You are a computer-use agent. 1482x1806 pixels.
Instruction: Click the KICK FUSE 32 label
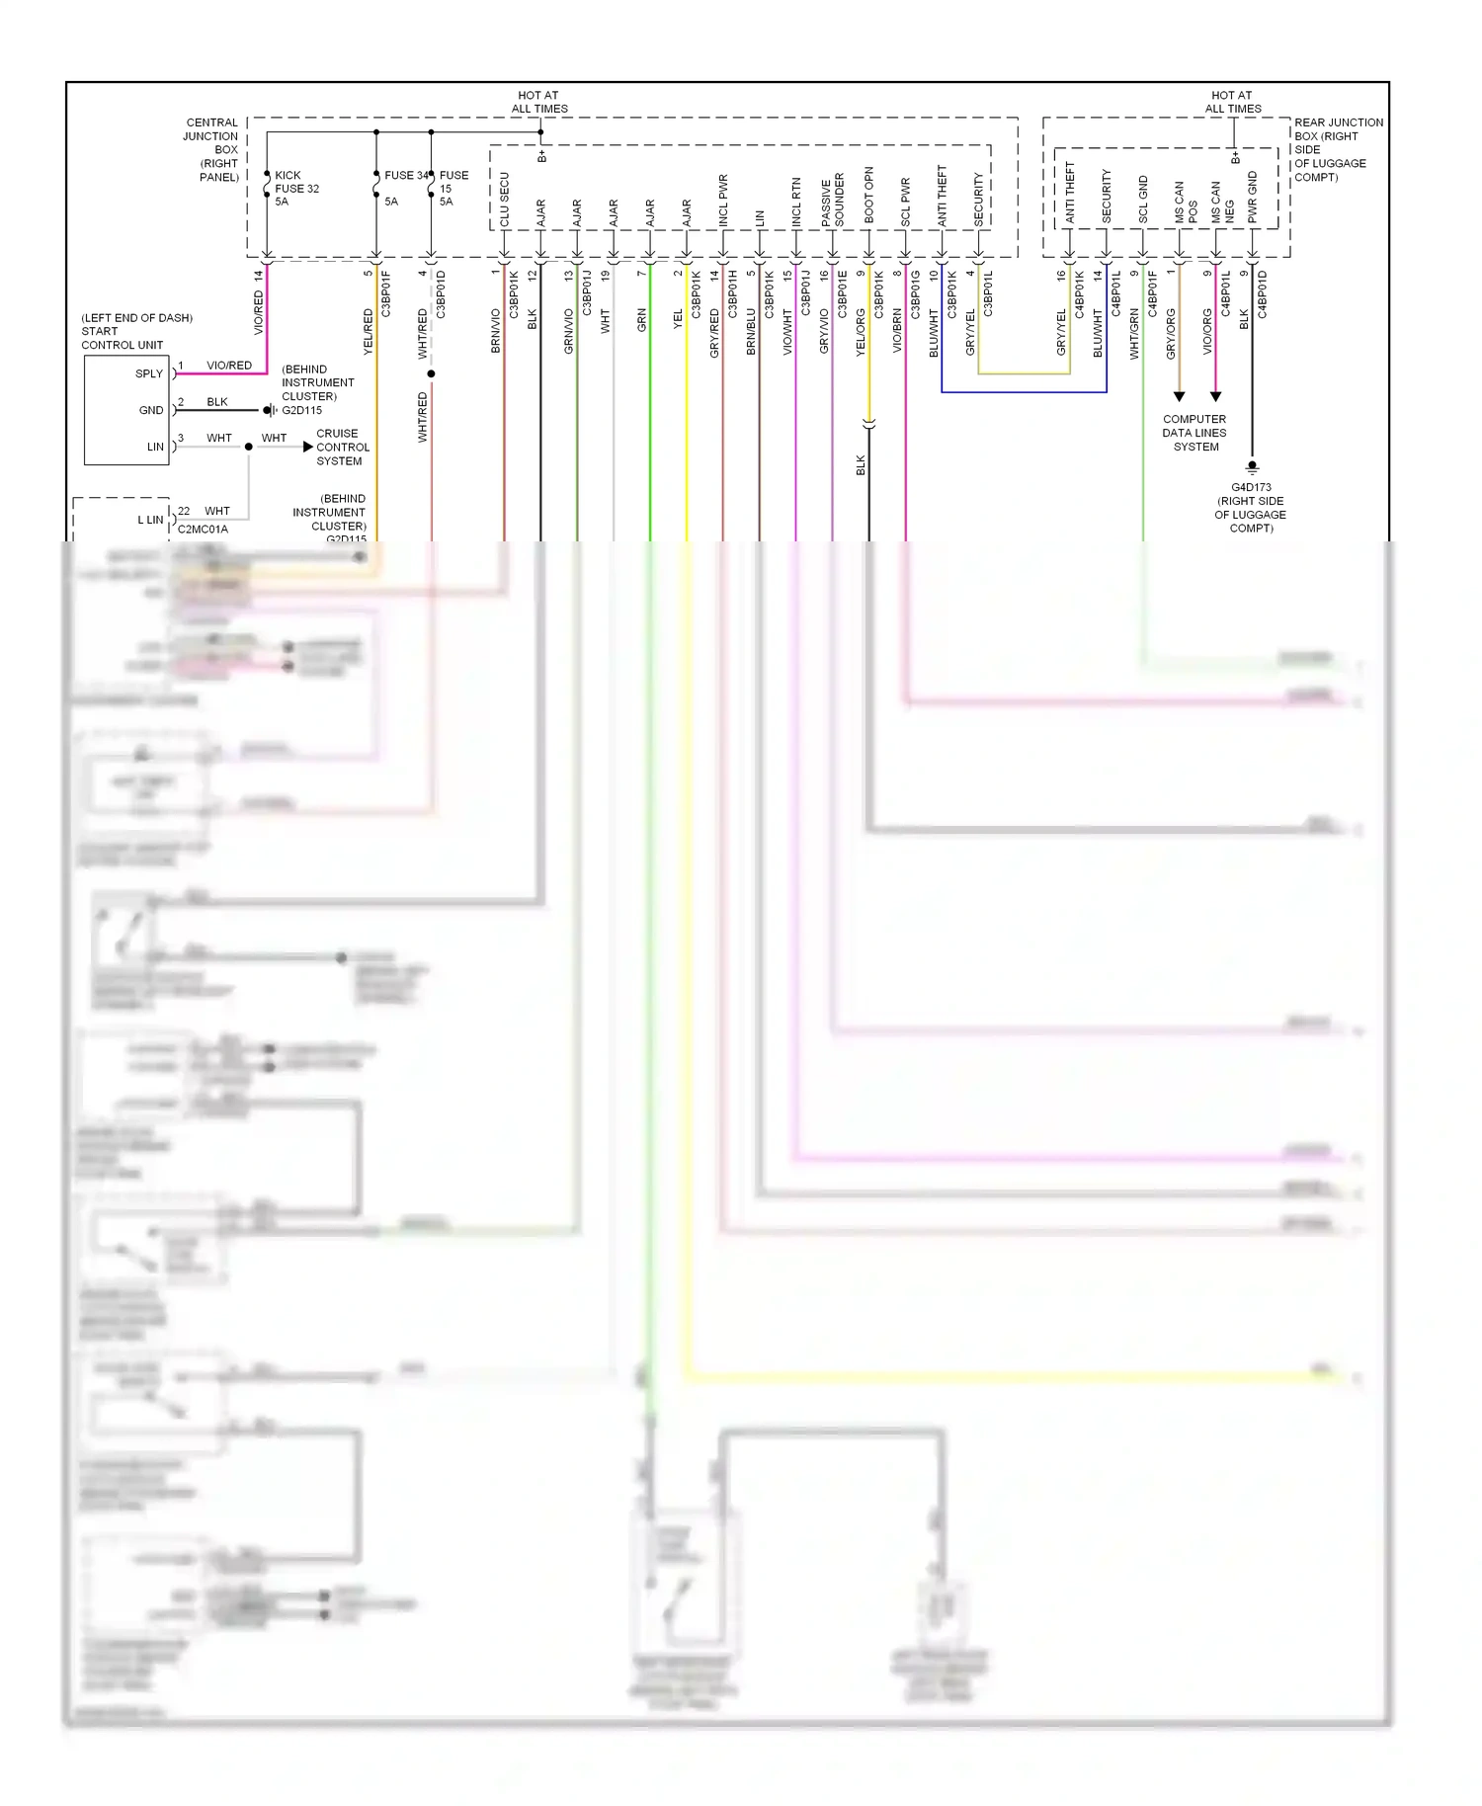click(295, 188)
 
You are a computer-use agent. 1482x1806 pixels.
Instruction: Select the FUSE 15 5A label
click(453, 188)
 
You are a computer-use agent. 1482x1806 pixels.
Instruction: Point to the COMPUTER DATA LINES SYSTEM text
click(1194, 433)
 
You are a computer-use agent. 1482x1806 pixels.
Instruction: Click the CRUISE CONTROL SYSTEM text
click(342, 447)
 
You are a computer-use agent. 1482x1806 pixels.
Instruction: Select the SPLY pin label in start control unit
click(149, 373)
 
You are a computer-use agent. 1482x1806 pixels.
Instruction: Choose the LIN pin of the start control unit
click(155, 447)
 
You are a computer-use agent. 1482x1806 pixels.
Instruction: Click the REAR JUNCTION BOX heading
click(1337, 149)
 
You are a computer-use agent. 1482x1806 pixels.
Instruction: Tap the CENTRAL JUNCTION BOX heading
click(212, 149)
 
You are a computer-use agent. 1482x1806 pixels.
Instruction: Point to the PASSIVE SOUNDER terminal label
click(832, 201)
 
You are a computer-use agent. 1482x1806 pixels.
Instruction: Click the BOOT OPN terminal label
click(868, 195)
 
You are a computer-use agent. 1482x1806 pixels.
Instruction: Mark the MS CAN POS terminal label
click(1185, 203)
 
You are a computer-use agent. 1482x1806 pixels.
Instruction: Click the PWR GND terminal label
click(1252, 197)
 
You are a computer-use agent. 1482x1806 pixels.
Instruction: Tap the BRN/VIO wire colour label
click(495, 331)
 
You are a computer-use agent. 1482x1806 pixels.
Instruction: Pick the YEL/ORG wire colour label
click(860, 331)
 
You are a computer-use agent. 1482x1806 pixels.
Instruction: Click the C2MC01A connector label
click(203, 530)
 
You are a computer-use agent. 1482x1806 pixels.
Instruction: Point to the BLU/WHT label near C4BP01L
click(1097, 333)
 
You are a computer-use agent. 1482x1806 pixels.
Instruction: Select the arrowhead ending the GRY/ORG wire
click(1179, 396)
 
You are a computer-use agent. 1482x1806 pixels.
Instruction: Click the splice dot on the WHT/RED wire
click(431, 373)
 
